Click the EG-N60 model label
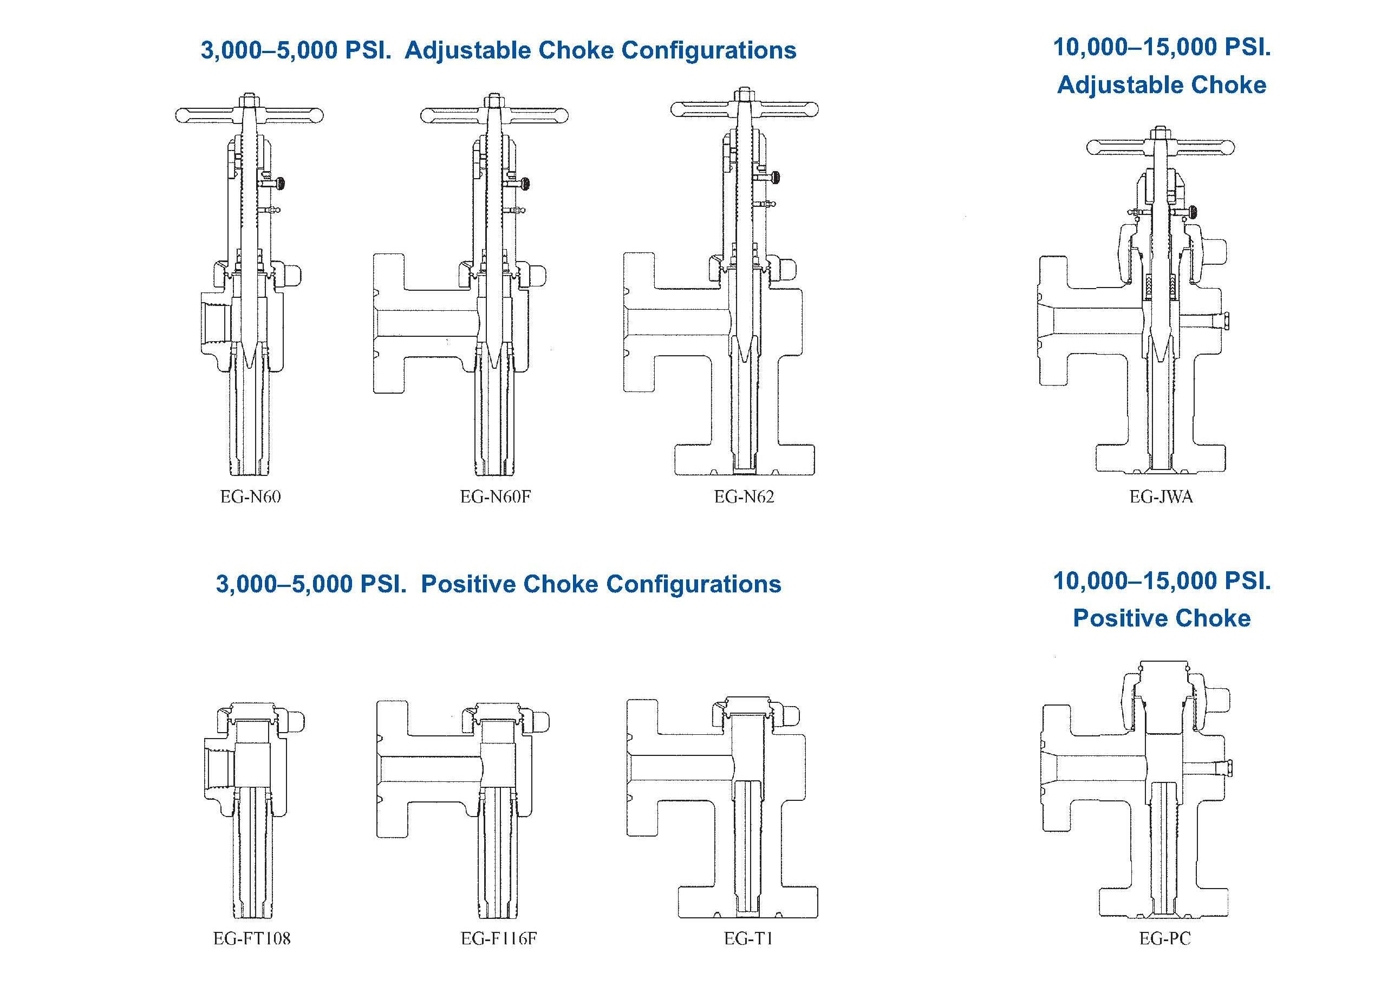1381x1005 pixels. coord(250,497)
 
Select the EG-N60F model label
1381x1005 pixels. coord(495,497)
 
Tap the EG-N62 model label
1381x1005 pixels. coord(744,497)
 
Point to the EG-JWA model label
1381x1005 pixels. coord(1161,497)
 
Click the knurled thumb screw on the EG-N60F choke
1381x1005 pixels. coord(525,182)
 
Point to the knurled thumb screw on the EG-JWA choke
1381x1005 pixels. coord(1190,211)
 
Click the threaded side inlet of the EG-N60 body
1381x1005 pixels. coord(214,323)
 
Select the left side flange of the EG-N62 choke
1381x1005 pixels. coord(638,322)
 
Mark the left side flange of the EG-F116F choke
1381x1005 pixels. coord(391,768)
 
